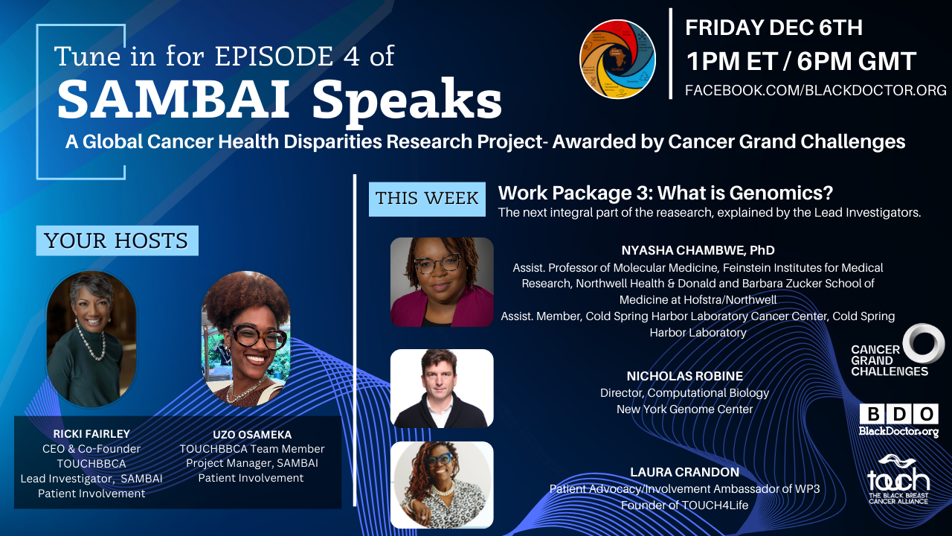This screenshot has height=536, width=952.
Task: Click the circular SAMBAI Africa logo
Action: tap(617, 59)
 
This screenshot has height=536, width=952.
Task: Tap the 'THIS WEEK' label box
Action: tap(427, 199)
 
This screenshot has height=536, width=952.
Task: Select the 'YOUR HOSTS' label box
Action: tap(117, 240)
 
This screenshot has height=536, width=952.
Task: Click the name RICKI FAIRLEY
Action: tap(91, 434)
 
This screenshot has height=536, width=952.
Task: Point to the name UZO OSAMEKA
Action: tap(252, 435)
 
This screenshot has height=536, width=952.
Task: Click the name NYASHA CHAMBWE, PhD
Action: tap(698, 250)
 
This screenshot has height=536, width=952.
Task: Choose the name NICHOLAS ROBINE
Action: tap(685, 376)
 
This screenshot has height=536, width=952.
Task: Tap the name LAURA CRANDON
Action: tap(685, 472)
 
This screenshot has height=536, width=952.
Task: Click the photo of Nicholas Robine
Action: tap(442, 389)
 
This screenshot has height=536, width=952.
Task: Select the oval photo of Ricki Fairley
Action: tap(91, 339)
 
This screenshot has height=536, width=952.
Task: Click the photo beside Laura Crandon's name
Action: tap(442, 485)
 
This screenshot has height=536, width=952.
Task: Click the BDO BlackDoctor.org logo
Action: tap(898, 421)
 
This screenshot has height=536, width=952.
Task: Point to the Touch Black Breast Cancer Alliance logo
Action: tap(898, 479)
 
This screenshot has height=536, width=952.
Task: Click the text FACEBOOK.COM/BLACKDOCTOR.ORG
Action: tap(816, 90)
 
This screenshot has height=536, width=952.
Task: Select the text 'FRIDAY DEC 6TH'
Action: tap(774, 28)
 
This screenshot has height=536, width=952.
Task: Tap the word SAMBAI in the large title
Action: tap(174, 99)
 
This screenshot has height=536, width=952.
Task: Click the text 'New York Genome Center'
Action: tap(685, 409)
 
